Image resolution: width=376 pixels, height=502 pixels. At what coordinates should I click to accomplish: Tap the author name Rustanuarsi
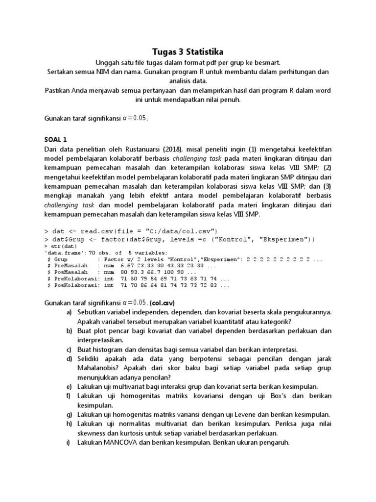coord(150,150)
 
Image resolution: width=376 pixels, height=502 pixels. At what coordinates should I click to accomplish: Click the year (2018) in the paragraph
coord(183,150)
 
